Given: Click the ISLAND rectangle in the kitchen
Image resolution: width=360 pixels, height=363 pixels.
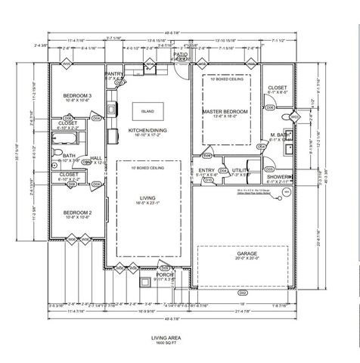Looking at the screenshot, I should (x=147, y=110).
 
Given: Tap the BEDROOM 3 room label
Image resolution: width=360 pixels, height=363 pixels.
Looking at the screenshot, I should (x=77, y=95).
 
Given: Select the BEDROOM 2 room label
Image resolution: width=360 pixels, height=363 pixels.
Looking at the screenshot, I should (x=77, y=213).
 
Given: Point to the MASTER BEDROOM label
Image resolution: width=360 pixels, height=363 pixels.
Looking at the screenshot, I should (x=225, y=110).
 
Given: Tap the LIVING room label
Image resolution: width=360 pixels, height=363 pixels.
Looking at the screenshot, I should (x=148, y=198).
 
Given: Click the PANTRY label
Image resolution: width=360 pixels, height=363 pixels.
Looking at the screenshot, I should (x=114, y=73).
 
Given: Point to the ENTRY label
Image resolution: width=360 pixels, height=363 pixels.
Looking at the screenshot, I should (x=206, y=171).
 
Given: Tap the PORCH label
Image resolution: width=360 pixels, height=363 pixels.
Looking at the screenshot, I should (x=144, y=275).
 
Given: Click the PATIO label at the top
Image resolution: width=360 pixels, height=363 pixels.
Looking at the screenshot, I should (x=180, y=54).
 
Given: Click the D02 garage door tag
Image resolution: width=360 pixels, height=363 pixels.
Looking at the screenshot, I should (x=243, y=291).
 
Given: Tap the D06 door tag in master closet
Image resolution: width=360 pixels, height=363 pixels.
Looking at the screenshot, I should (x=270, y=108).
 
